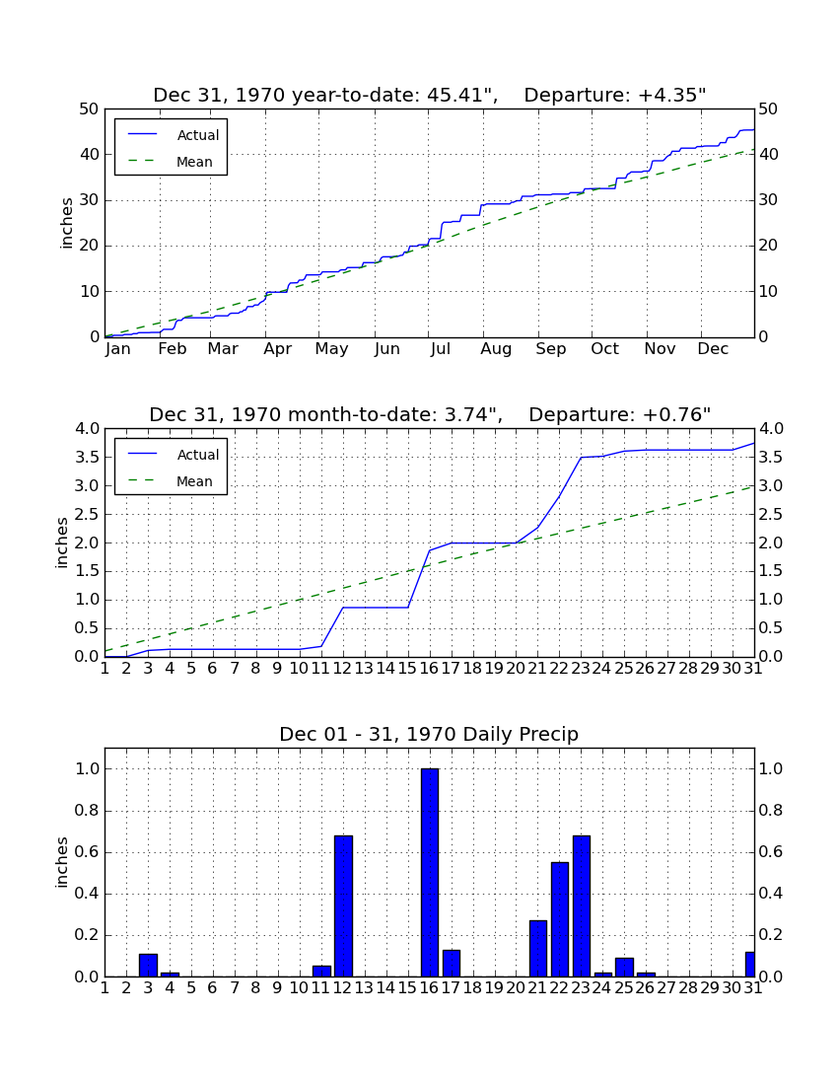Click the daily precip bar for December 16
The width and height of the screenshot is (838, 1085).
pos(430,873)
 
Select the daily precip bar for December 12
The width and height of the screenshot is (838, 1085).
pos(344,906)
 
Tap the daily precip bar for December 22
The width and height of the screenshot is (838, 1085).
pos(560,919)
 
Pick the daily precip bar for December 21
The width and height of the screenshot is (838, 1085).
pos(538,949)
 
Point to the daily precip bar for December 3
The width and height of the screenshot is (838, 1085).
pos(149,966)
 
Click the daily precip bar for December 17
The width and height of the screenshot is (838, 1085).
pos(452,964)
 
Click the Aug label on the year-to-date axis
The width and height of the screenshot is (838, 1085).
pos(497,349)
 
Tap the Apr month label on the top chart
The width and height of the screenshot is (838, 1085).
pos(278,349)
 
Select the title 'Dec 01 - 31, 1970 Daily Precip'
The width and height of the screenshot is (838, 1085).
pos(429,734)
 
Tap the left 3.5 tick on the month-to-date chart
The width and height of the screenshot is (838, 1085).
pos(87,458)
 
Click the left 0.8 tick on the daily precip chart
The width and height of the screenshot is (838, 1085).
pos(87,810)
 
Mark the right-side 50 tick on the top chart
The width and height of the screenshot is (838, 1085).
pos(768,109)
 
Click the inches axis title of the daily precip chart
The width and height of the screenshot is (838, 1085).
pos(62,862)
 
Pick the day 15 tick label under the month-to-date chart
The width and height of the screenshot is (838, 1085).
pos(408,669)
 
